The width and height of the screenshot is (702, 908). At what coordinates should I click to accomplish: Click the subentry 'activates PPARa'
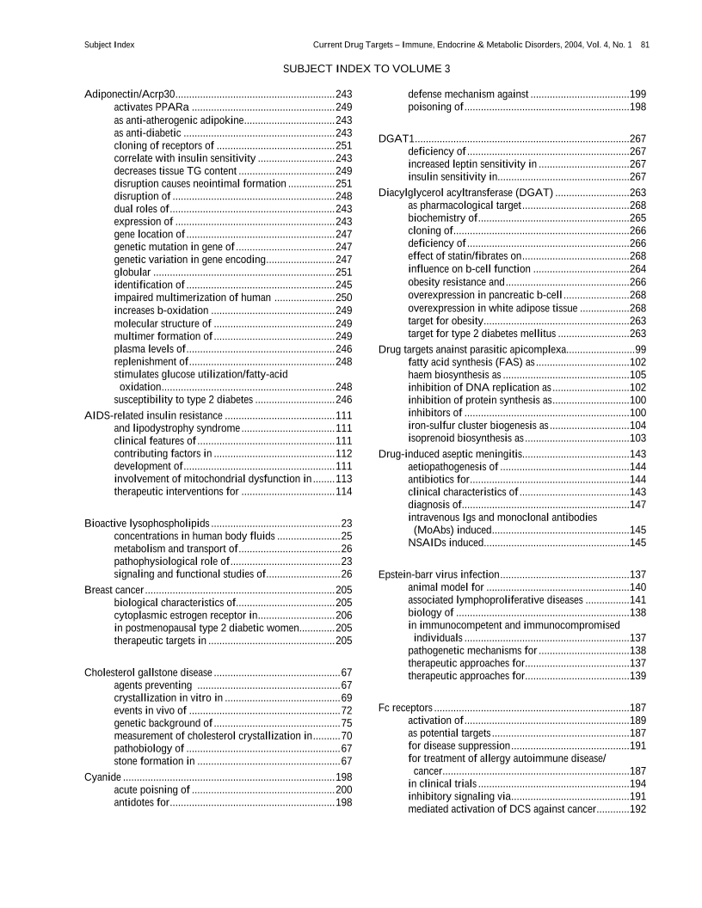click(151, 107)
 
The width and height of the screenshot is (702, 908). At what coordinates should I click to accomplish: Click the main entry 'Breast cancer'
click(114, 590)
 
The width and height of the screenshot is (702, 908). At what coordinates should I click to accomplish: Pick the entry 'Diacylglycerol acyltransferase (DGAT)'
click(465, 193)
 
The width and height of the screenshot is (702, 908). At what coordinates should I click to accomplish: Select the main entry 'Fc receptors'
click(405, 707)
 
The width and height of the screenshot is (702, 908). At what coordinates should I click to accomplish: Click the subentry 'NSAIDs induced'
click(445, 543)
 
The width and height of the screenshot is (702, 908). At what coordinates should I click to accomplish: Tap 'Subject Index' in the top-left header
click(109, 44)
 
